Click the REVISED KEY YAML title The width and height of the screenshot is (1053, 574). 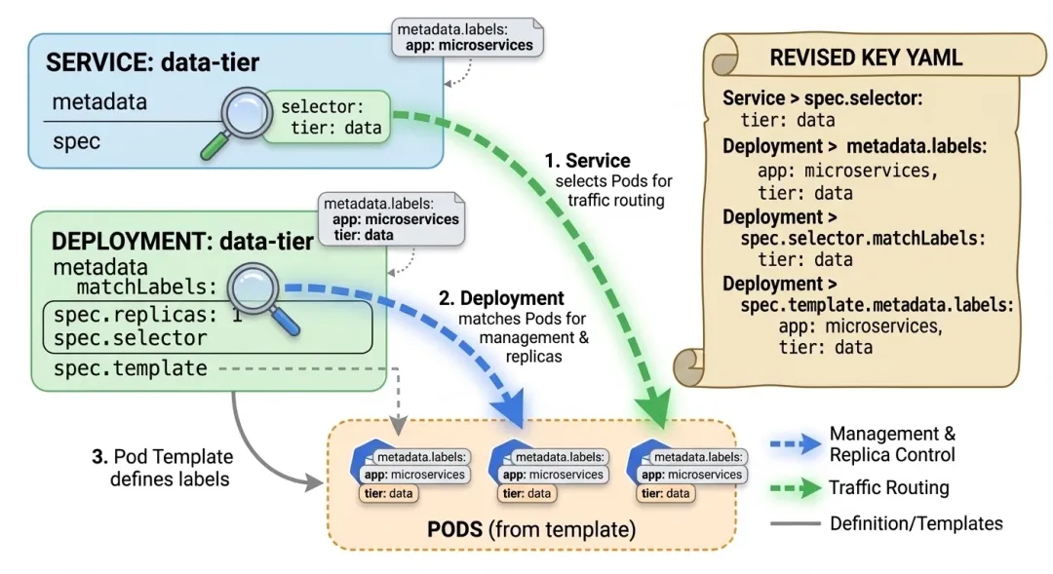tap(866, 57)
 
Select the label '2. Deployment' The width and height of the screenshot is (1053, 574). tap(512, 298)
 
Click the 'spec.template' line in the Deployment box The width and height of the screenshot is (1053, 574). tap(130, 368)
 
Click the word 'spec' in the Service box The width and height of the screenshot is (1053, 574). tap(76, 140)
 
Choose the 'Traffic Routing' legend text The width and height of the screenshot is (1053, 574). tap(888, 487)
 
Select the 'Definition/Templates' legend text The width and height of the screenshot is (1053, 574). tap(916, 523)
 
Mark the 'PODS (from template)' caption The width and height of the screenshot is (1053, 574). tap(530, 529)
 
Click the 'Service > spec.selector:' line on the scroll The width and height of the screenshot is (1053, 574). tap(822, 98)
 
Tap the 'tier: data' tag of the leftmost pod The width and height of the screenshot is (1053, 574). tap(388, 493)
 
